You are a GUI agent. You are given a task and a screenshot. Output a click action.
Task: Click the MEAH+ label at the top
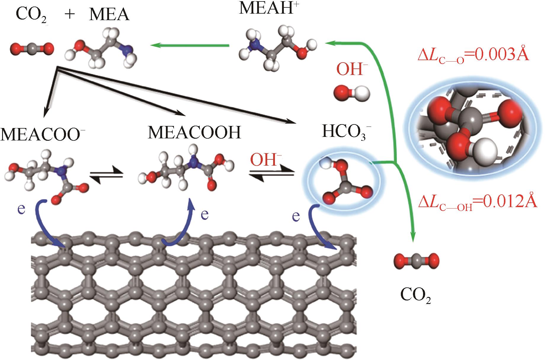[x=268, y=8]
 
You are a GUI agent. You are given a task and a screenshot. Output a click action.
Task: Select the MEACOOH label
[x=195, y=133]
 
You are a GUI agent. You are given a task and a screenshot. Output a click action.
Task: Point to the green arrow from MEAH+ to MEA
[x=190, y=45]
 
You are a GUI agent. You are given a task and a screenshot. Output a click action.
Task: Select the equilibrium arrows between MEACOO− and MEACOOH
[x=106, y=175]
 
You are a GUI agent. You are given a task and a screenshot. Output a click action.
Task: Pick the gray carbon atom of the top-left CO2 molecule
[x=32, y=48]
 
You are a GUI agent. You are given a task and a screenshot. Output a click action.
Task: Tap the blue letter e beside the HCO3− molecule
[x=296, y=216]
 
